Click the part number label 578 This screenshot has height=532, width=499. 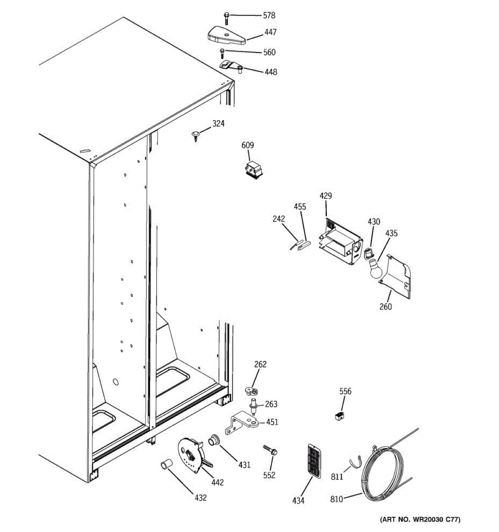[x=269, y=16]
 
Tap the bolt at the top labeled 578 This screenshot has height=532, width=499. [x=227, y=18]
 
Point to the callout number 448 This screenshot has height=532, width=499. [x=271, y=71]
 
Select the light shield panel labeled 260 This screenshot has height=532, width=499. [x=397, y=277]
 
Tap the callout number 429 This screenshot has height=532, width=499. [x=326, y=196]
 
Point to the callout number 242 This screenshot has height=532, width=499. [x=279, y=219]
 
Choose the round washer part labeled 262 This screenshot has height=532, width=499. [x=251, y=391]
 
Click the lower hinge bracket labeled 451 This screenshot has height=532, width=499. [x=242, y=424]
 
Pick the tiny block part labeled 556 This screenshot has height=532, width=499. [x=339, y=416]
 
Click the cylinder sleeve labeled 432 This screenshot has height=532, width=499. [x=166, y=465]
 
